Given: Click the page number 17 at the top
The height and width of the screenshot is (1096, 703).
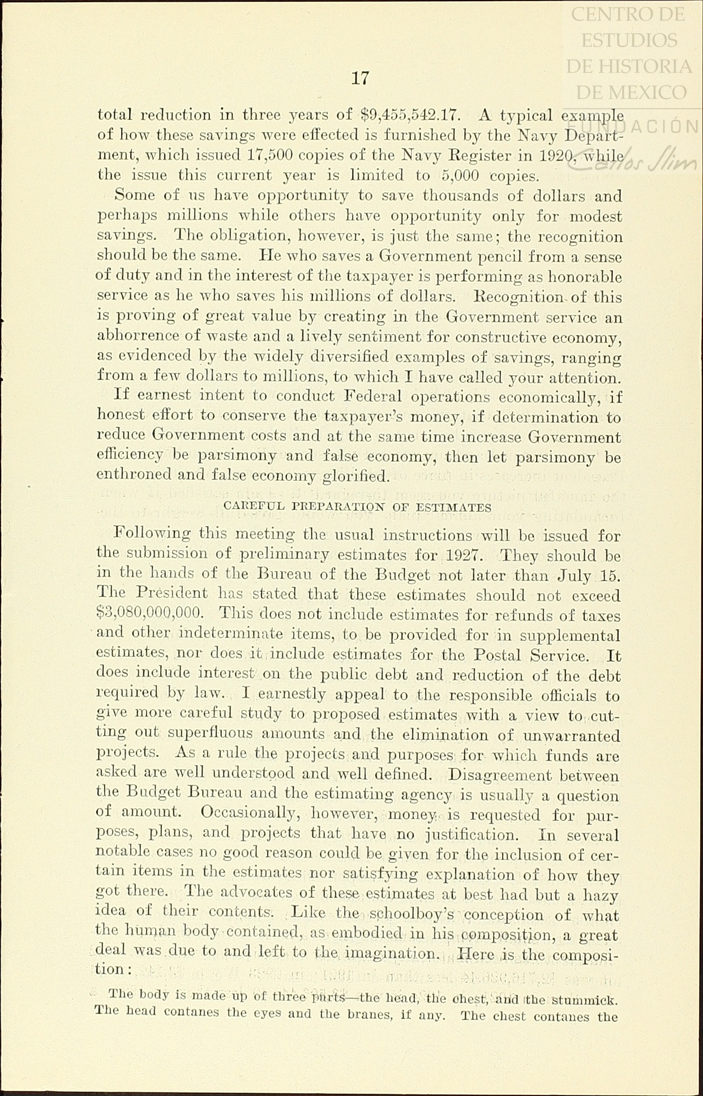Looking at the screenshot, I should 360,78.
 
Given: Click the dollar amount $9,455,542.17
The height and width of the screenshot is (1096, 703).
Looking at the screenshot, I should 411,115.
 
